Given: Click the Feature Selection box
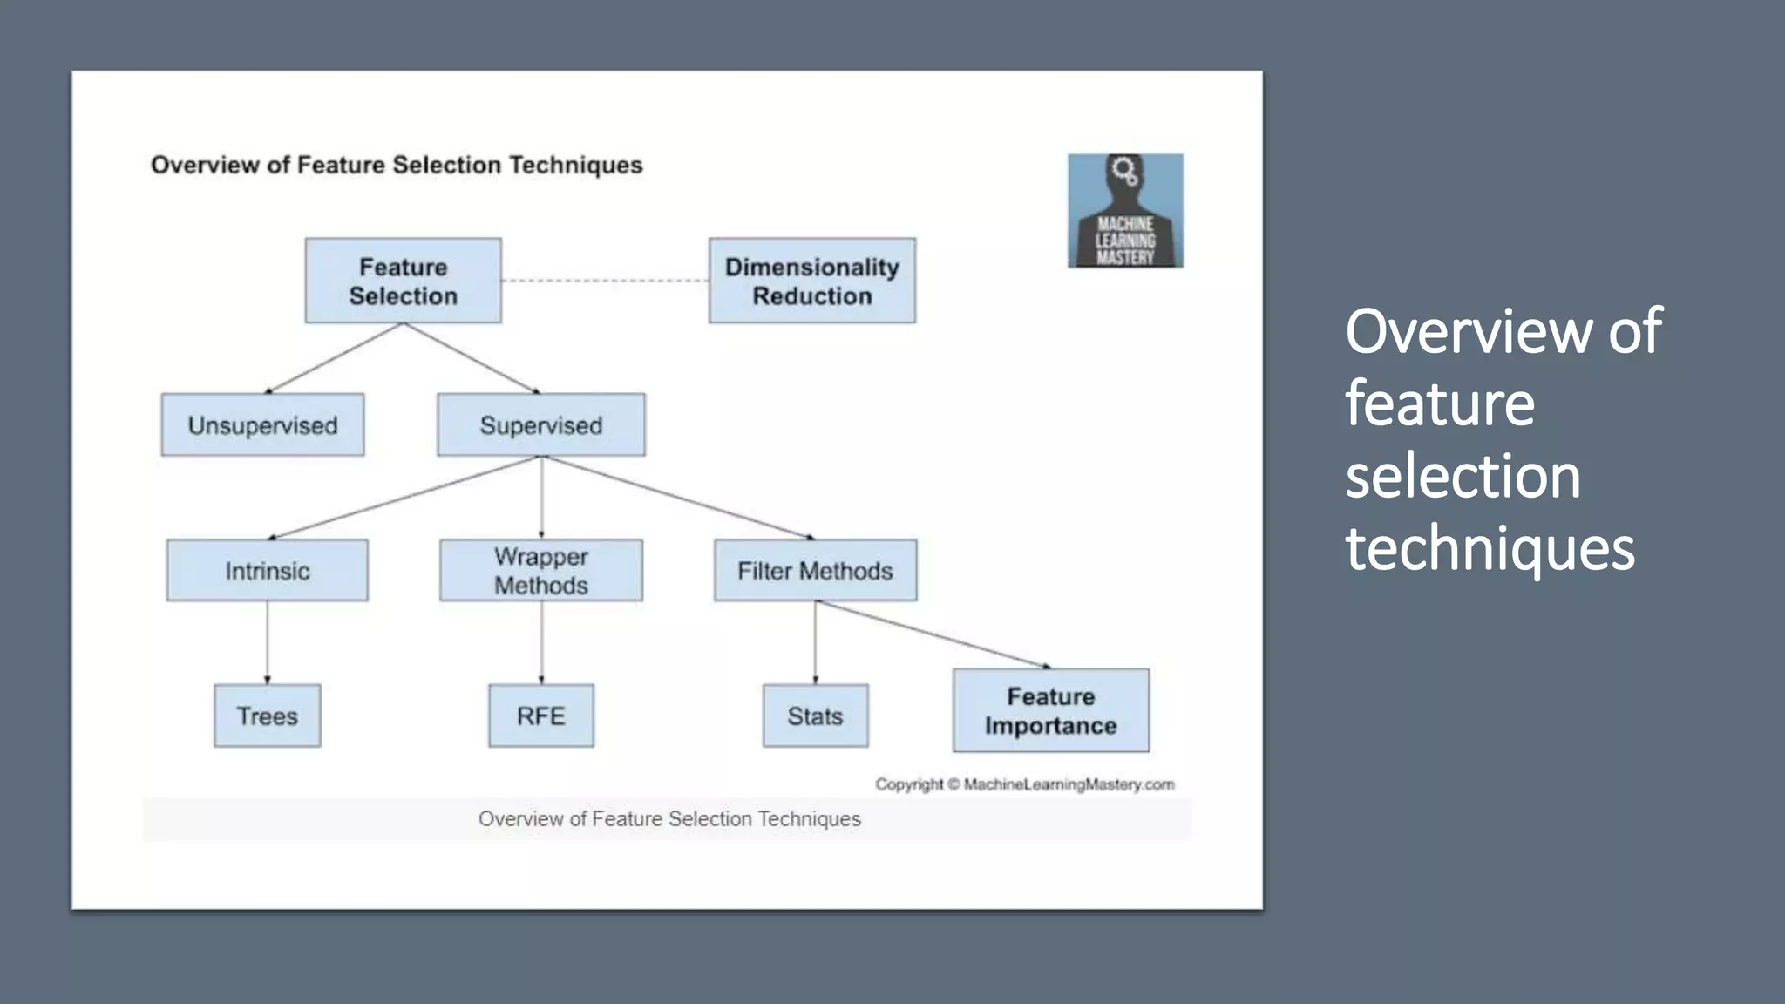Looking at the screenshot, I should pyautogui.click(x=403, y=281).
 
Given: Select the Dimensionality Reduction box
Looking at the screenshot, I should pyautogui.click(x=811, y=281).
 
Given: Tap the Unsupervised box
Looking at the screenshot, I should pyautogui.click(x=262, y=424).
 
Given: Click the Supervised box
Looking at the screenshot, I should pyautogui.click(x=540, y=424).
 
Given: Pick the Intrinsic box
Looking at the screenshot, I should pyautogui.click(x=267, y=570).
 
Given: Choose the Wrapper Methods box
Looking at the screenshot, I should pyautogui.click(x=540, y=570).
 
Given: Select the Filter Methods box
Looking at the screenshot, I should pyautogui.click(x=815, y=570).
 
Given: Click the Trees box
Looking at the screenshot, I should pyautogui.click(x=267, y=716).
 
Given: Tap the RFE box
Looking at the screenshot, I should pyautogui.click(x=540, y=716).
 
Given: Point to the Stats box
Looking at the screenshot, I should pyautogui.click(x=815, y=716).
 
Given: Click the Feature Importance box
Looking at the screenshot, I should pyautogui.click(x=1050, y=710).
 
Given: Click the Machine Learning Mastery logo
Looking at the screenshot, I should pyautogui.click(x=1125, y=211).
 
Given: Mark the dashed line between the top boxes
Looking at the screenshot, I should pyautogui.click(x=605, y=281).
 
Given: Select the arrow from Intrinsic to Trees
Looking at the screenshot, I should pyautogui.click(x=267, y=642).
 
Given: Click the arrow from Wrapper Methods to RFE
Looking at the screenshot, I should pyautogui.click(x=541, y=642).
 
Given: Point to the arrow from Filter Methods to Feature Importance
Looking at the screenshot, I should pyautogui.click(x=933, y=634).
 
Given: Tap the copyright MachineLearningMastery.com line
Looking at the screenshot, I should pyautogui.click(x=1025, y=784).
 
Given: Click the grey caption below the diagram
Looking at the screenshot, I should pyautogui.click(x=669, y=819).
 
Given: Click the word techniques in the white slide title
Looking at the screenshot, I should pyautogui.click(x=1490, y=549).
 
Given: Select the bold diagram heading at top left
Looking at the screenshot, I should pyautogui.click(x=397, y=165).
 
